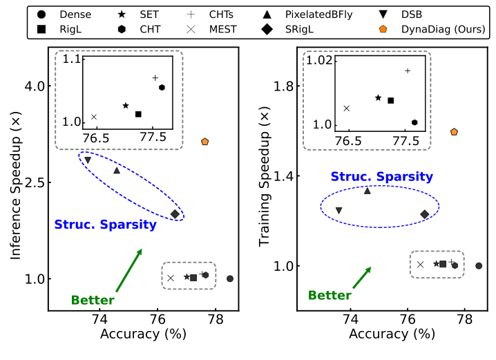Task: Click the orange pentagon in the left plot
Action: click(x=205, y=142)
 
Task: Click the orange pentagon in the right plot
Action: click(x=454, y=132)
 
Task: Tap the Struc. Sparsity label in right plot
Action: click(x=372, y=177)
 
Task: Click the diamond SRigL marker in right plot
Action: click(x=425, y=214)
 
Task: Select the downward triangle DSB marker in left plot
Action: click(x=88, y=160)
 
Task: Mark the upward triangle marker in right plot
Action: click(x=368, y=190)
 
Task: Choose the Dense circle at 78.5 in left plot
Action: click(x=230, y=278)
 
